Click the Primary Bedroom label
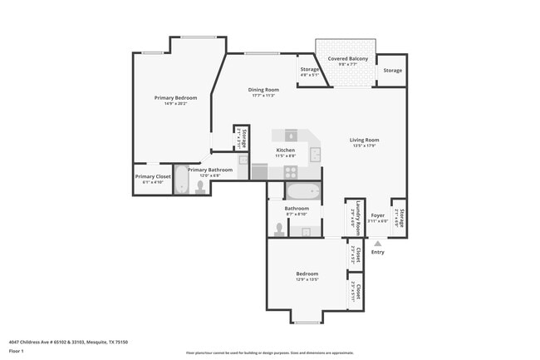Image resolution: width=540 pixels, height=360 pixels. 174,98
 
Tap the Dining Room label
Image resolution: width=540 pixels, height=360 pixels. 263,90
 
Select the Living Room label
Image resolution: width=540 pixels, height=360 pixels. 366,140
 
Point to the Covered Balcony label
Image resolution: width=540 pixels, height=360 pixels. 346,60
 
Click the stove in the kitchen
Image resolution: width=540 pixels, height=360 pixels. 292,171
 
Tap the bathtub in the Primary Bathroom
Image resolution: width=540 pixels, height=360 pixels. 182,183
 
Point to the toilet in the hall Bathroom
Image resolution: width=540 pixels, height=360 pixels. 278,229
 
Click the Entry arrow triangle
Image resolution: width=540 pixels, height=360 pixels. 377,243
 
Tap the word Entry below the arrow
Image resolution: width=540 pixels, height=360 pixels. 377,252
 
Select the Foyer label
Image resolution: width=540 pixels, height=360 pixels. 378,215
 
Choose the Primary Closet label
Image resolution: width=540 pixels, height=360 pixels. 152,176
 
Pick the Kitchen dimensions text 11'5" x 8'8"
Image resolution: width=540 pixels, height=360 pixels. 286,155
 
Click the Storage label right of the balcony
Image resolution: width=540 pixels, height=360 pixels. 392,71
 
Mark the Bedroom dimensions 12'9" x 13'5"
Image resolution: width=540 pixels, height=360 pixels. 307,279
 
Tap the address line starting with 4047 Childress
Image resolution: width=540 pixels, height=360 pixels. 68,341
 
